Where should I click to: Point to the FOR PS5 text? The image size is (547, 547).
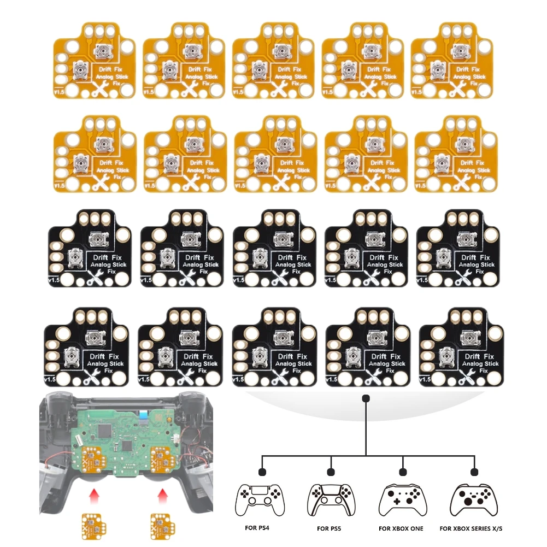(x=331, y=529)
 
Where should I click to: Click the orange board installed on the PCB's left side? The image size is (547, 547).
(x=94, y=460)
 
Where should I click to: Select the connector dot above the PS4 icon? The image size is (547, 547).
(x=262, y=471)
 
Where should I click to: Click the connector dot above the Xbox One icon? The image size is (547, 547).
(x=403, y=471)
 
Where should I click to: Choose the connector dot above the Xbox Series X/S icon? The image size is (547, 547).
(x=474, y=471)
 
